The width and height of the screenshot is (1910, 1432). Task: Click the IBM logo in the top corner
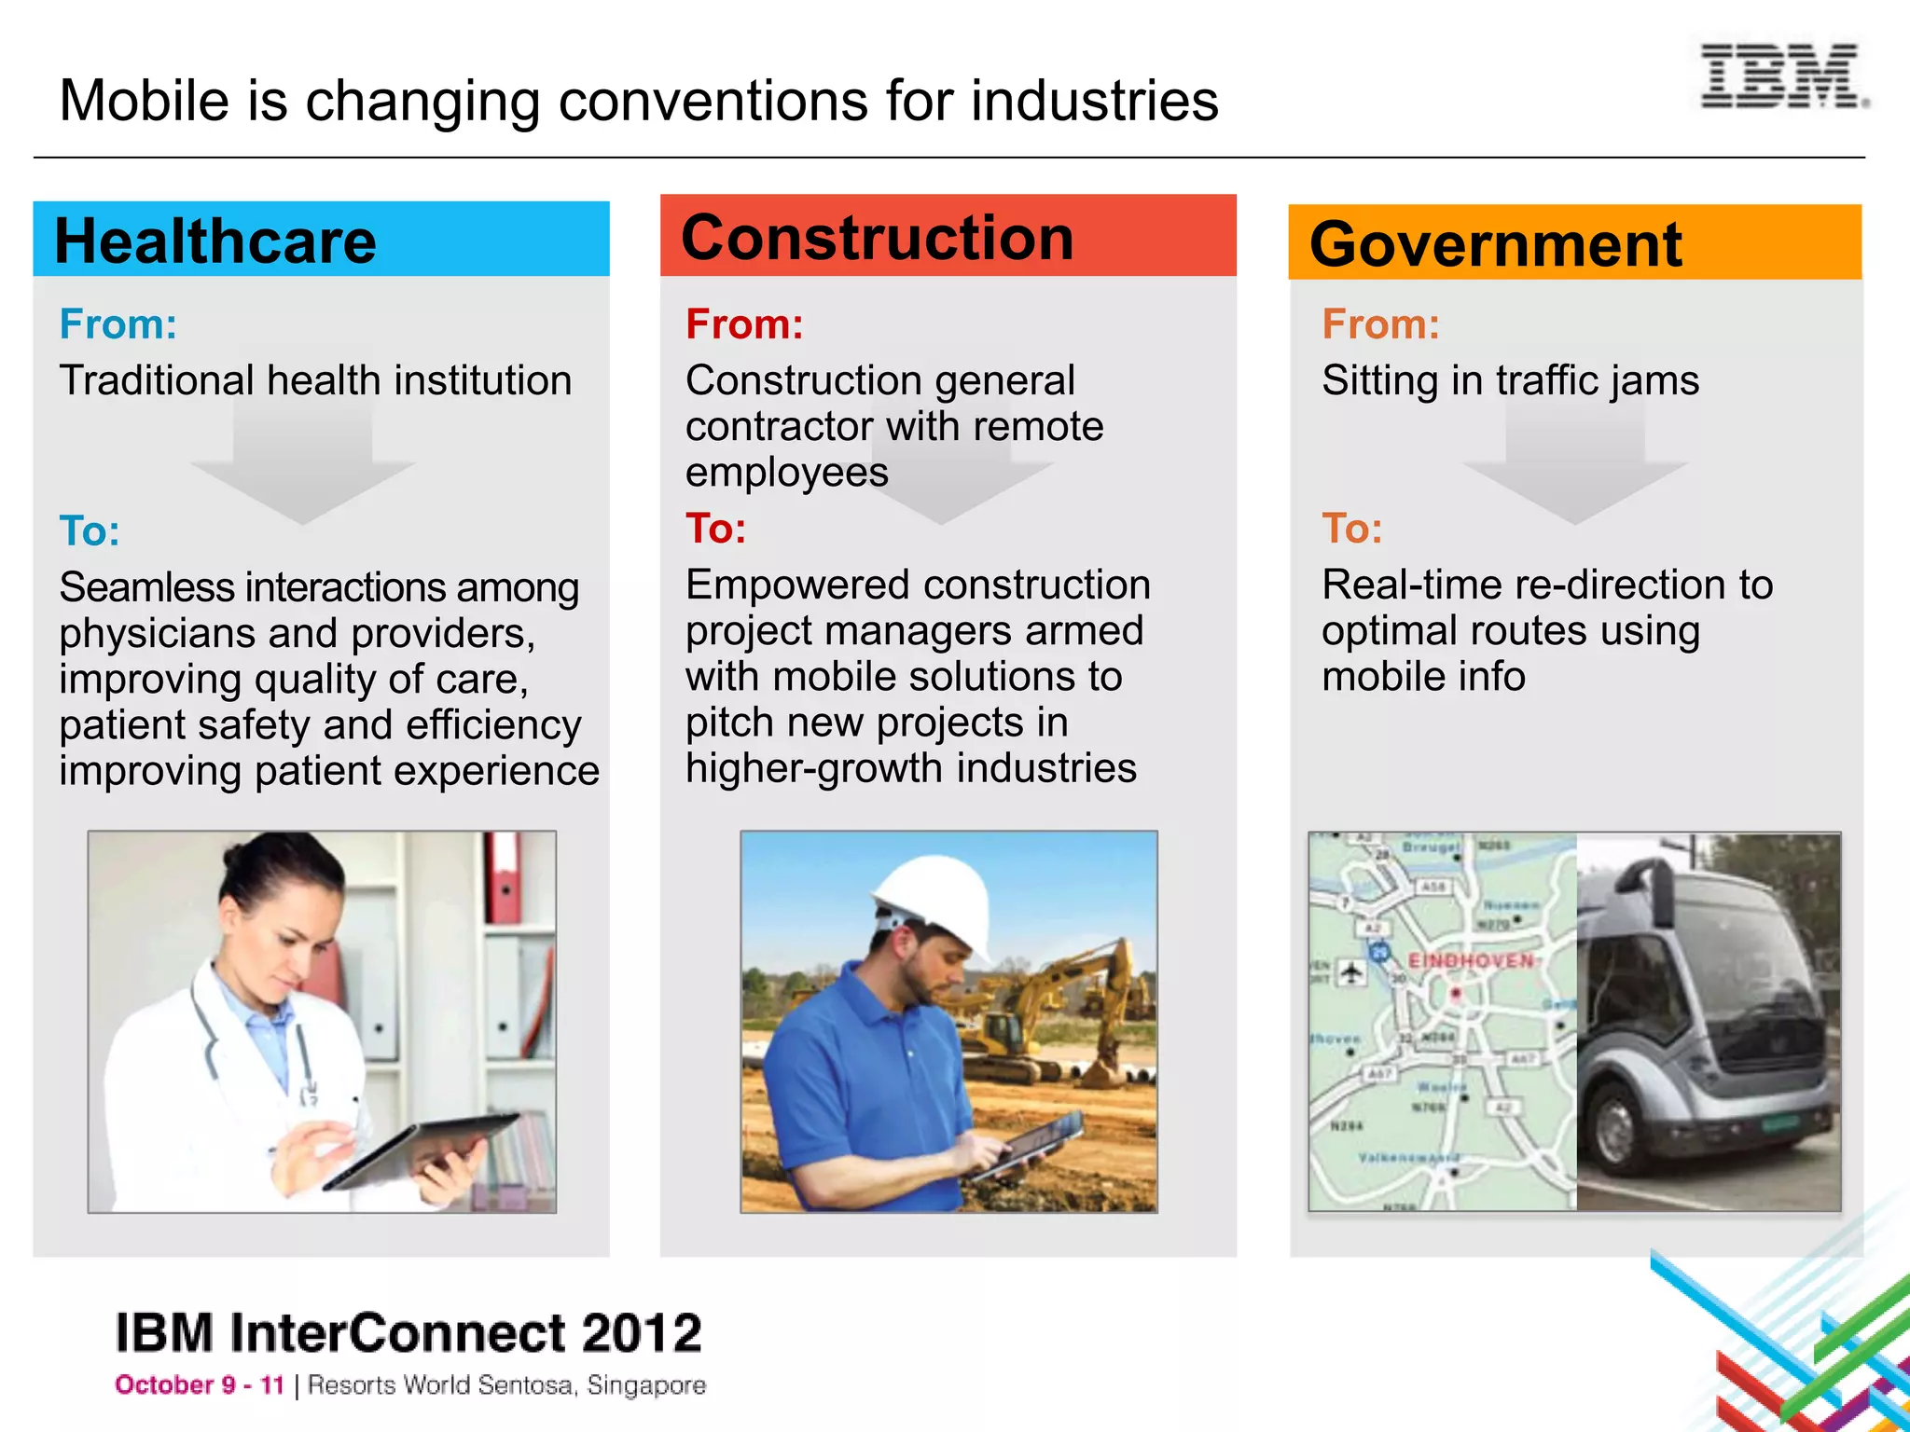pos(1781,76)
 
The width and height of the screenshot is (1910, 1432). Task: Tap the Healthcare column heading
pos(215,241)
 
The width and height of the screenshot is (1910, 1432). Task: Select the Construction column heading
pos(878,237)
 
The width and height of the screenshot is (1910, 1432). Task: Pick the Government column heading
pos(1495,244)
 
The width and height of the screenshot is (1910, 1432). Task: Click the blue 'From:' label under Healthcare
pos(118,324)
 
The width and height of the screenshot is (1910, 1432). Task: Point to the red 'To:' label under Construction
pos(716,529)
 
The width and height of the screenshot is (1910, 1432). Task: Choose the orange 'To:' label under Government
pos(1352,529)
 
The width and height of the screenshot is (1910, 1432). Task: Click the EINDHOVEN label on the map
pos(1471,960)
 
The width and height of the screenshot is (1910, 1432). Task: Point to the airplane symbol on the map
pos(1351,972)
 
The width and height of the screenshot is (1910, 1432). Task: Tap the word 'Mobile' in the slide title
pos(145,101)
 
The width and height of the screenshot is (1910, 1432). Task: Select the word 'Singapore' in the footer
pos(646,1385)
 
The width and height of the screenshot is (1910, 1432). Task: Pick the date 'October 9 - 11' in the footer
pos(200,1385)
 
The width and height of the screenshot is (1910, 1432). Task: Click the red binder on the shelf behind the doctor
pos(503,876)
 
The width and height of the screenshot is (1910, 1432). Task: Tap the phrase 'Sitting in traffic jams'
pos(1510,380)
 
